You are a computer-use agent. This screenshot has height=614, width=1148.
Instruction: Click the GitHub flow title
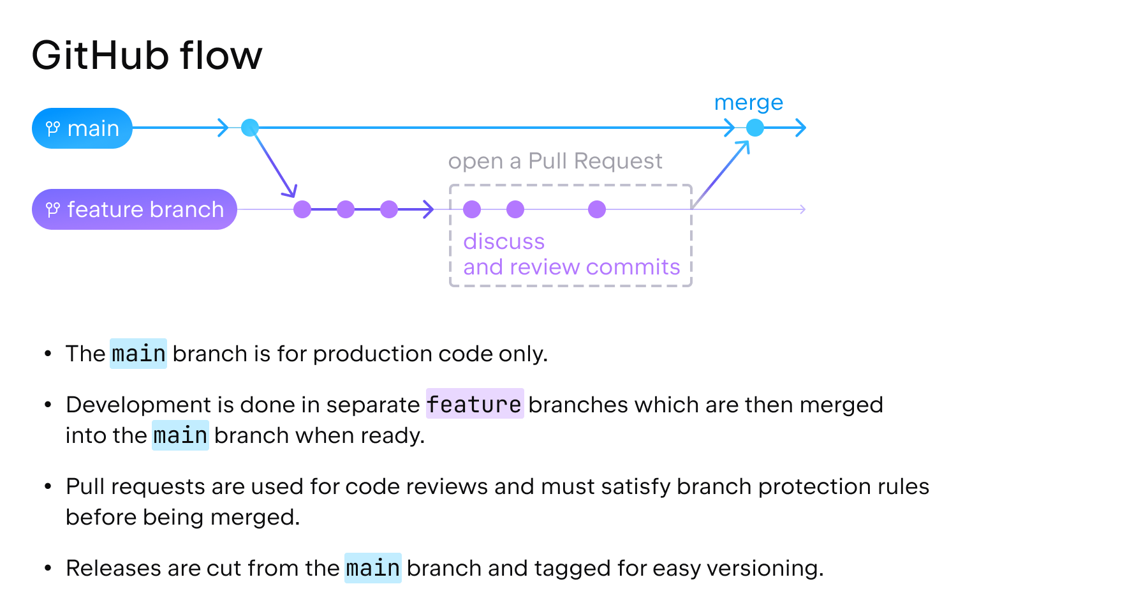(x=147, y=56)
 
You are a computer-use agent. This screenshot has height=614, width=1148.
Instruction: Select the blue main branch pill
(x=82, y=128)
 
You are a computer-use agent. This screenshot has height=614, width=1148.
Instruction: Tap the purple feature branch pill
(x=135, y=209)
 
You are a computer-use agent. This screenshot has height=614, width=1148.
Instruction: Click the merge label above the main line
(x=748, y=103)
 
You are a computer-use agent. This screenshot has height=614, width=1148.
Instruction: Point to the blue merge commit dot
(x=755, y=128)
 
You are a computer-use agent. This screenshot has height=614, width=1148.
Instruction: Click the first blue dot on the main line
(x=250, y=128)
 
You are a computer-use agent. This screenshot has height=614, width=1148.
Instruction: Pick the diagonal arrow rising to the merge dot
(x=721, y=174)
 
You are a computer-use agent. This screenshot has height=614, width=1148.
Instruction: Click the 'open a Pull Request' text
(x=555, y=161)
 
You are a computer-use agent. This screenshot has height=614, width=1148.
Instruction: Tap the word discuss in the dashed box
(x=504, y=242)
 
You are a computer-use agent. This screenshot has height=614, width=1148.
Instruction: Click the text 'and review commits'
(x=571, y=267)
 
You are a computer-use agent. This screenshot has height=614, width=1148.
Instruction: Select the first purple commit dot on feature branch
(x=302, y=209)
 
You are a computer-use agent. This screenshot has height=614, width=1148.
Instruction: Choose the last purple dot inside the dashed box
(x=597, y=209)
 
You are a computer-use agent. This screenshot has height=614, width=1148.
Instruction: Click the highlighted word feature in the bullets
(x=475, y=404)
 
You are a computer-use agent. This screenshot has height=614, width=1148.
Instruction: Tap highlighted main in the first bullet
(x=138, y=354)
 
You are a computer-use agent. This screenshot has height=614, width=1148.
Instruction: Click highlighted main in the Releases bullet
(x=373, y=568)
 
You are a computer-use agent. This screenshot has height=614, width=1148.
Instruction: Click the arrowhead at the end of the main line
(x=802, y=128)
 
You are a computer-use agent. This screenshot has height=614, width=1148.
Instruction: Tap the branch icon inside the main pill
(x=53, y=129)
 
